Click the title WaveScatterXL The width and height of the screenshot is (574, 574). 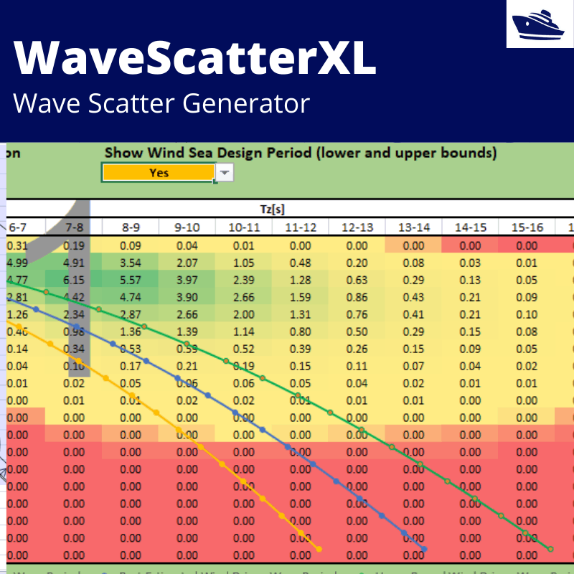click(x=194, y=59)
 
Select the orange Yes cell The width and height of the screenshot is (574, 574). click(x=159, y=172)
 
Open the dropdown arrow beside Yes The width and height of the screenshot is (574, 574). click(x=225, y=172)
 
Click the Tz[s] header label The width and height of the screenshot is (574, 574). click(x=273, y=208)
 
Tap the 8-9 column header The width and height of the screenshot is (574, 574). click(x=131, y=227)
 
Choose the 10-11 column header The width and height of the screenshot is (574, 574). click(x=244, y=227)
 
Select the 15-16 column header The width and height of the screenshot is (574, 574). click(x=527, y=227)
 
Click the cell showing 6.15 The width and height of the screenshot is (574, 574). click(x=74, y=279)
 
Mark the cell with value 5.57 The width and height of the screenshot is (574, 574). click(x=131, y=279)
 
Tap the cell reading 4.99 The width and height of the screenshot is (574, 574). click(x=17, y=262)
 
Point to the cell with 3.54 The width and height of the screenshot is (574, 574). click(x=131, y=262)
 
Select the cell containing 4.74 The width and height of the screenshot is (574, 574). click(x=131, y=296)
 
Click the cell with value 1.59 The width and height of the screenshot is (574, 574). click(x=301, y=296)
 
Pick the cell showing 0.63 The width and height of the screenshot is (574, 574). click(x=357, y=279)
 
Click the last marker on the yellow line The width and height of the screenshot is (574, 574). click(x=319, y=554)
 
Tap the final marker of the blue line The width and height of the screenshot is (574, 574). click(x=425, y=550)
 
